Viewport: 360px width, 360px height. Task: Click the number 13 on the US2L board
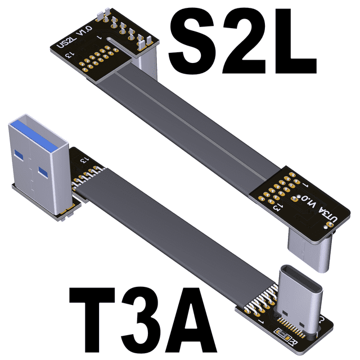pyautogui.click(x=69, y=55)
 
